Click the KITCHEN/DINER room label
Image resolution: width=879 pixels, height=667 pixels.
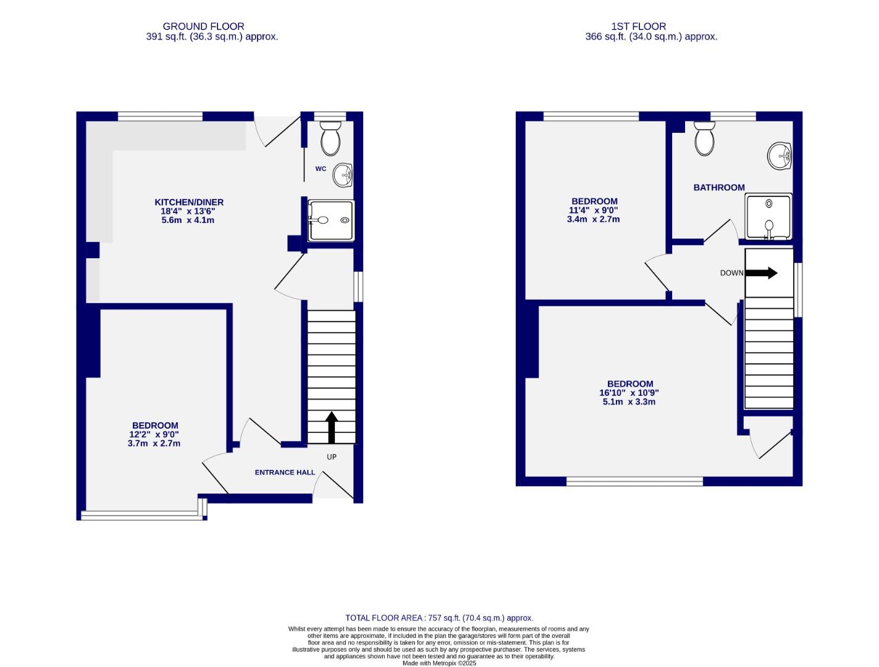point(188,202)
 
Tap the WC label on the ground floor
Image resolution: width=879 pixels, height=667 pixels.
point(321,169)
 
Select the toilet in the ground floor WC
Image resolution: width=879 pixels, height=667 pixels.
point(330,138)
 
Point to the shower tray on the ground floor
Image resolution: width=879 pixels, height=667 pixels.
point(331,220)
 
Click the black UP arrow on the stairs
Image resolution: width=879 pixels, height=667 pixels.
point(331,427)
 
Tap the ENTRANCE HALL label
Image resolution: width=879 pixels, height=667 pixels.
point(285,472)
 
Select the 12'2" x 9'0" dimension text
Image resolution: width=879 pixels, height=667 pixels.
point(154,434)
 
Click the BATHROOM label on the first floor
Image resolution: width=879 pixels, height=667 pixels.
point(718,187)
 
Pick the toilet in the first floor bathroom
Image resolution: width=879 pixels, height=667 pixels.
point(704,138)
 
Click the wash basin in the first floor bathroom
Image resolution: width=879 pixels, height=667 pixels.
point(780,156)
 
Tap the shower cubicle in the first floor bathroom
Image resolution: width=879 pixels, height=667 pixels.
point(768,217)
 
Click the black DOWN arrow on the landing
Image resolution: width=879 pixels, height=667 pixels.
point(762,272)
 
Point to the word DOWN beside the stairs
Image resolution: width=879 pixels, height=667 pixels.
point(731,273)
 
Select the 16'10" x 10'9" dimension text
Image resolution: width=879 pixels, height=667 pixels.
point(629,393)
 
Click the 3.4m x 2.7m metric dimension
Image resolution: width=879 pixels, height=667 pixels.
point(593,219)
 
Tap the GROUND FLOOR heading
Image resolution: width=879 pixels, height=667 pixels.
point(203,27)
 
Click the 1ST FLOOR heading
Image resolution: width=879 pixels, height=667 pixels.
point(638,27)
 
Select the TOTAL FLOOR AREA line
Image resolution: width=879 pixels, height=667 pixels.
point(439,618)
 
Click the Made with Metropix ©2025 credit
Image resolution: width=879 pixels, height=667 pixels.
point(439,663)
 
